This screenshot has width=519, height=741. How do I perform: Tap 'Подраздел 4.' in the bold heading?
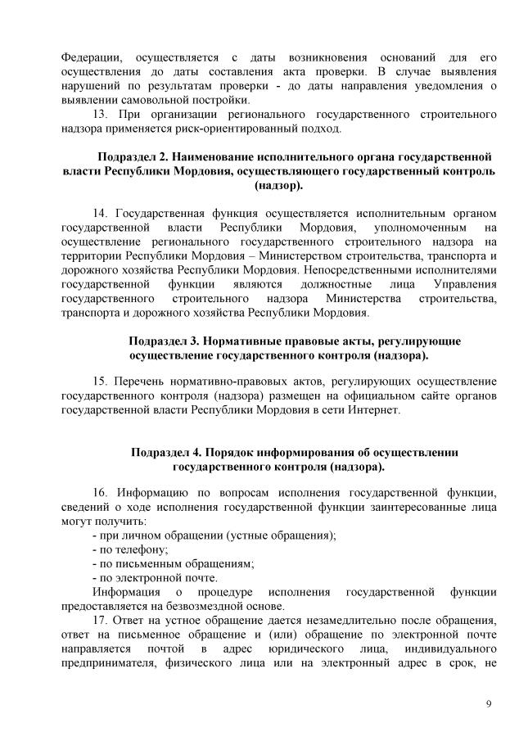click(167, 452)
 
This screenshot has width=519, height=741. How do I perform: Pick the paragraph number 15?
click(100, 382)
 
